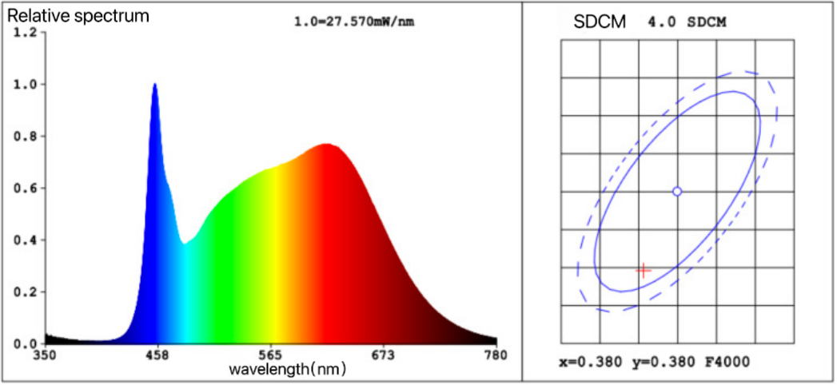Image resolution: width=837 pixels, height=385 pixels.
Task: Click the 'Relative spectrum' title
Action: coord(78,15)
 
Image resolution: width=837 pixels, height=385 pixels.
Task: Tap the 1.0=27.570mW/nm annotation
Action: coord(354,22)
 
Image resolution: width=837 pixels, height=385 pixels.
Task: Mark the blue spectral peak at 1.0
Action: coord(154,85)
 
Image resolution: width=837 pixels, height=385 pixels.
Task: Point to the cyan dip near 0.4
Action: coord(185,243)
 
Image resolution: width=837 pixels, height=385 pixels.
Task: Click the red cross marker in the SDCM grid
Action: coord(643,270)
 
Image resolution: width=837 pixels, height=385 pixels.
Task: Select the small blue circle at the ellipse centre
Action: coord(677,192)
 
